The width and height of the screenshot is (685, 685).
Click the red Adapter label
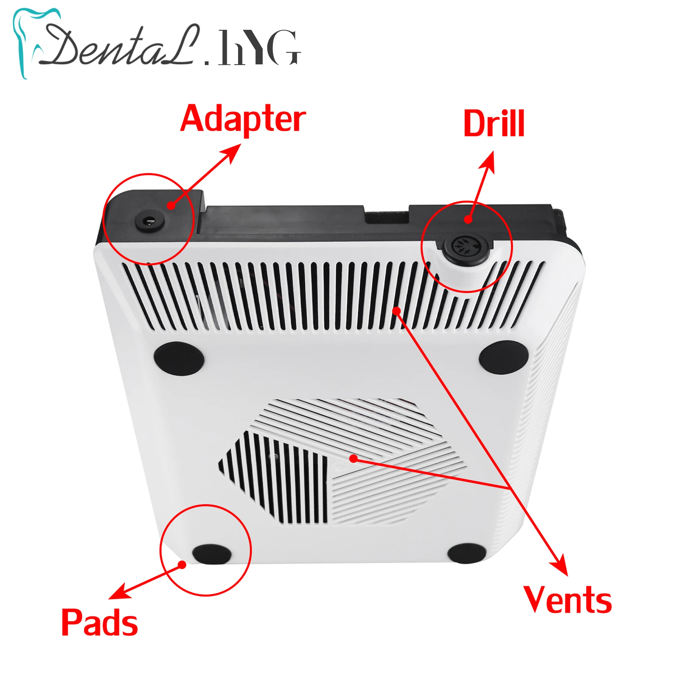[243, 119]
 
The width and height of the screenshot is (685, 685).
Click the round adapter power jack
[150, 222]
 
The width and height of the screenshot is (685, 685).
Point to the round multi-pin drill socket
[464, 246]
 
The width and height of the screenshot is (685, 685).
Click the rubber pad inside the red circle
[212, 554]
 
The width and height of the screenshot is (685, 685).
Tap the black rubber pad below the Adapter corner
[179, 358]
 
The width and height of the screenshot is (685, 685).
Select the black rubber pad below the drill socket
[503, 358]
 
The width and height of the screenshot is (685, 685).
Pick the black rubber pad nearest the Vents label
[467, 553]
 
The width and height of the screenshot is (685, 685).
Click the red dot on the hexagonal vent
[353, 459]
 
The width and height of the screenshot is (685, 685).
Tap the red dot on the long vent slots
[397, 311]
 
